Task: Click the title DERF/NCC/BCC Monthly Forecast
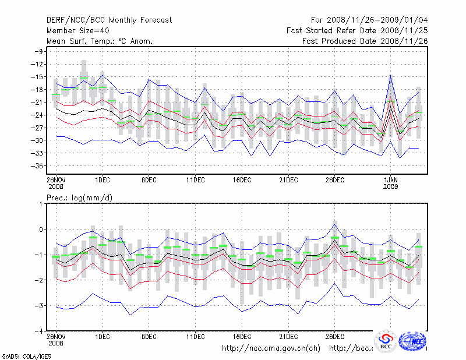pyautogui.click(x=110, y=20)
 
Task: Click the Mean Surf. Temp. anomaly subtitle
pyautogui.click(x=100, y=41)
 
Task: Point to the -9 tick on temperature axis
pyautogui.click(x=39, y=51)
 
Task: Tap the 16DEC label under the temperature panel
pyautogui.click(x=242, y=179)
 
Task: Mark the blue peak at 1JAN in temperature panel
pyautogui.click(x=390, y=75)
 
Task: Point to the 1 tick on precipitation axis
pyautogui.click(x=41, y=204)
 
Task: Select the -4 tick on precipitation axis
pyautogui.click(x=39, y=330)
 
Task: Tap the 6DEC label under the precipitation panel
pyautogui.click(x=149, y=336)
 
